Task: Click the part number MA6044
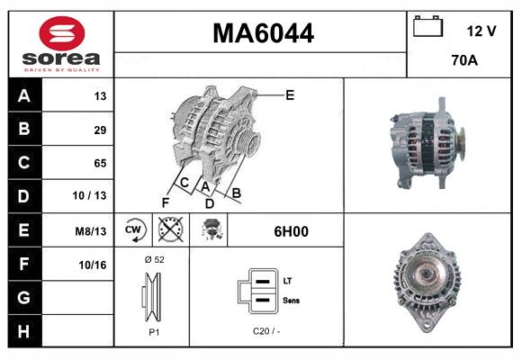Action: click(x=262, y=33)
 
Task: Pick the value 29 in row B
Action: click(x=99, y=130)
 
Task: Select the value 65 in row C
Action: click(x=99, y=164)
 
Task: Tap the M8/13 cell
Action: click(x=92, y=231)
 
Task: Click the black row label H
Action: click(x=23, y=331)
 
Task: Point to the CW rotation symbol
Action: click(x=133, y=231)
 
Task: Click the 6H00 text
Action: click(x=291, y=231)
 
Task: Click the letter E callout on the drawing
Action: click(x=290, y=94)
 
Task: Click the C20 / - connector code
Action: click(x=266, y=331)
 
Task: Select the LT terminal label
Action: click(x=286, y=281)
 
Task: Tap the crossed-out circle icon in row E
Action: click(x=167, y=231)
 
